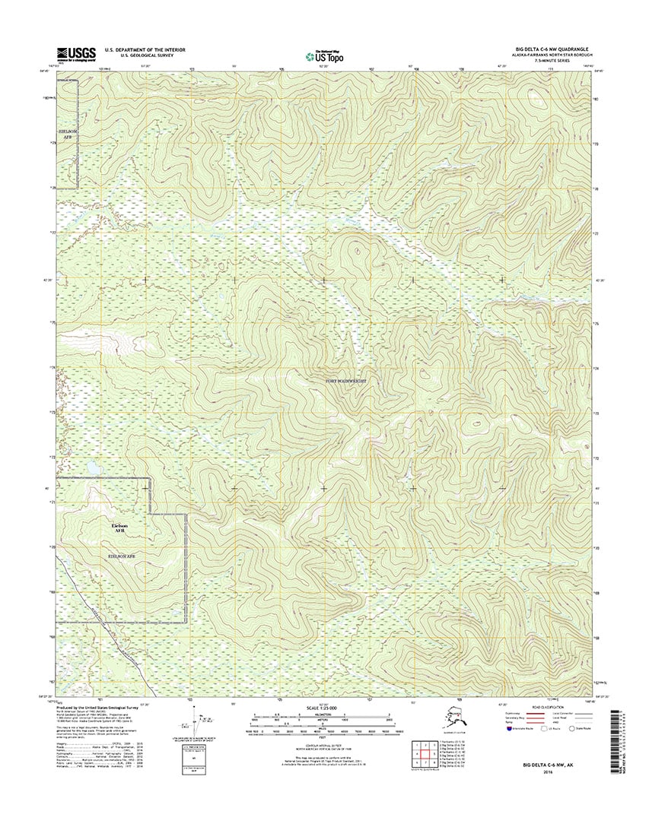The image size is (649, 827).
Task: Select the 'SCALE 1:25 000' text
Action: click(x=323, y=709)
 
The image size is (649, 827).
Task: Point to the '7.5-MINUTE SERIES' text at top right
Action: click(x=568, y=61)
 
